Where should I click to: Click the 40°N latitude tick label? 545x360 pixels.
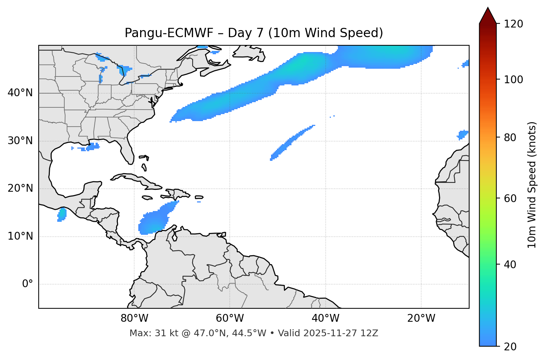point(20,93)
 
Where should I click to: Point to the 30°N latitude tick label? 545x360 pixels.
point(20,141)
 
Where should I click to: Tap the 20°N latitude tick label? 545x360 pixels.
point(20,188)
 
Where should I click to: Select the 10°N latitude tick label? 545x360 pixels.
point(20,236)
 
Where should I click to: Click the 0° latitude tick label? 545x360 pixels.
point(28,284)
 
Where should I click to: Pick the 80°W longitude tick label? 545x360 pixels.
point(134,318)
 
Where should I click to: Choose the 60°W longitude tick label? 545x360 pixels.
point(230,318)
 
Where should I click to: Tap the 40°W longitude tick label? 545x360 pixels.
point(325,318)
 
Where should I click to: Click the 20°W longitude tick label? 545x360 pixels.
point(421,318)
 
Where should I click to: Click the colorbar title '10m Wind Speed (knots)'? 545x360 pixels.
point(532,185)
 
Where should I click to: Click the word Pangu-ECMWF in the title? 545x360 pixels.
point(169,33)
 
